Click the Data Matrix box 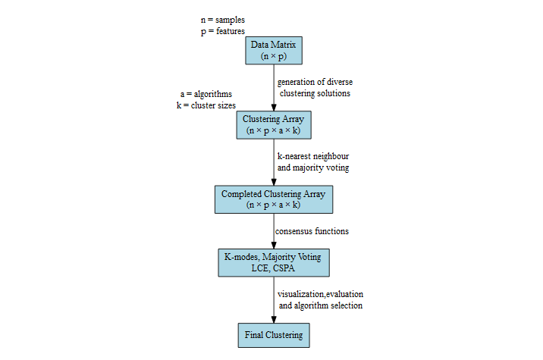pos(273,51)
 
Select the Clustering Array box pos(273,124)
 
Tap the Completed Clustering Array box pos(273,199)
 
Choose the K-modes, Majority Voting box pos(273,262)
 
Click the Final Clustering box pos(273,335)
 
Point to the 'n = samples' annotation pos(222,19)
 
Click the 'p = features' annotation pos(222,31)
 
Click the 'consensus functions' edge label pos(312,230)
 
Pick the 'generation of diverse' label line pos(315,81)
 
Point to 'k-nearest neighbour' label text pos(314,155)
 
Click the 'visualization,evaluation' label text pos(320,293)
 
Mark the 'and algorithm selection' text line pos(320,305)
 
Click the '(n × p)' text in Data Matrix pos(273,57)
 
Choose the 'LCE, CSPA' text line pos(273,268)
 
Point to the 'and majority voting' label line pos(314,167)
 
